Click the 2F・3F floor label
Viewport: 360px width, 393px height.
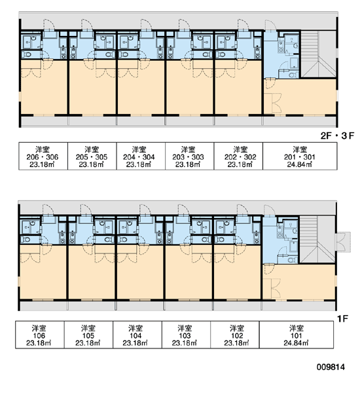tap(337, 136)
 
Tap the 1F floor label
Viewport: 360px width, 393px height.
tap(342, 318)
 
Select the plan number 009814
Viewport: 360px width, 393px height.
tap(331, 367)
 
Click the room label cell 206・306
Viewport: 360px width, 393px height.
tap(43, 156)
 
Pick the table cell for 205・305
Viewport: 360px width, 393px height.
tap(92, 156)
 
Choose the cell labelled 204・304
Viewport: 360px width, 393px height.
tap(141, 156)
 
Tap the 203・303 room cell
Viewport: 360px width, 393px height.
tap(190, 156)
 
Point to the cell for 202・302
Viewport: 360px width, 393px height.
tap(238, 156)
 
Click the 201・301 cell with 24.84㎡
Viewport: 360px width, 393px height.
tap(300, 156)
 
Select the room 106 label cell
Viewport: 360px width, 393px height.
tap(40, 335)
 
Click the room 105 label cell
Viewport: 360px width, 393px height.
tap(88, 335)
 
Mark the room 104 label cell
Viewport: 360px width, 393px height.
tap(137, 335)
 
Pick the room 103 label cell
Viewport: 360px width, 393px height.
tap(186, 335)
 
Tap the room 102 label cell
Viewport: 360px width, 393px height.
tap(235, 335)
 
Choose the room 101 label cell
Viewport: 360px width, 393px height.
tap(297, 335)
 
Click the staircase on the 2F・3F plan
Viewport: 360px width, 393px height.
tap(318, 54)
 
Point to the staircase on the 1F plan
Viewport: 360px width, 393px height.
tap(317, 239)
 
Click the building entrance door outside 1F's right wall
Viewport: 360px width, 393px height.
tap(343, 242)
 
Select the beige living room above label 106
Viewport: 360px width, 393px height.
tap(43, 272)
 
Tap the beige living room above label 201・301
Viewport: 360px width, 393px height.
tap(300, 97)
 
